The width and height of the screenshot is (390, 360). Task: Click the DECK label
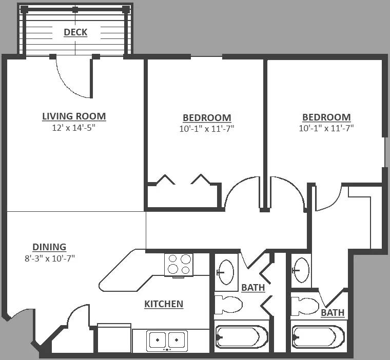tap(75, 32)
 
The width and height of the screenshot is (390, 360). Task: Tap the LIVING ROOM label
tap(74, 116)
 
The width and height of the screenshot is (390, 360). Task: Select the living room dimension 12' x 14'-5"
tap(74, 128)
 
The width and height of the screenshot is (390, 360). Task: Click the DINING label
tap(49, 247)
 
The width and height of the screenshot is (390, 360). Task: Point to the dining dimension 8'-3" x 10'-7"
tap(50, 258)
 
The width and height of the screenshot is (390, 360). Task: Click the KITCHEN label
tap(164, 304)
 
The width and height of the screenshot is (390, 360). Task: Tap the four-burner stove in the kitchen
tap(179, 265)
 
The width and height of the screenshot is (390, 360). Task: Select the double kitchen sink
tap(167, 341)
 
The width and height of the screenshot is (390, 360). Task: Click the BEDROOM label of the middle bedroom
tap(207, 117)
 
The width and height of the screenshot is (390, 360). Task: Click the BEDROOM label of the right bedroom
tap(326, 117)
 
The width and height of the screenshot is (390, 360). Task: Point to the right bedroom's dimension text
tap(326, 128)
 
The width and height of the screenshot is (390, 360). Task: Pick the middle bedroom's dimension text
tap(207, 129)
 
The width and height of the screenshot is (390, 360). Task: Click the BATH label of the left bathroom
tap(253, 287)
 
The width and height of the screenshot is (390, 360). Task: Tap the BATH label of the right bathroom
tap(333, 312)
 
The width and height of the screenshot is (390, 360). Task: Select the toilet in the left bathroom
tap(228, 305)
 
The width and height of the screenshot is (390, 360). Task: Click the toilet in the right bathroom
tap(305, 306)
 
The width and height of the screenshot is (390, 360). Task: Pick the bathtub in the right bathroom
tap(318, 337)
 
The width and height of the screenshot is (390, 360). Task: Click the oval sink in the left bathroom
tap(226, 272)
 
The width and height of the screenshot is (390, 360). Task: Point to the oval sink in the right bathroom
tap(301, 270)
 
